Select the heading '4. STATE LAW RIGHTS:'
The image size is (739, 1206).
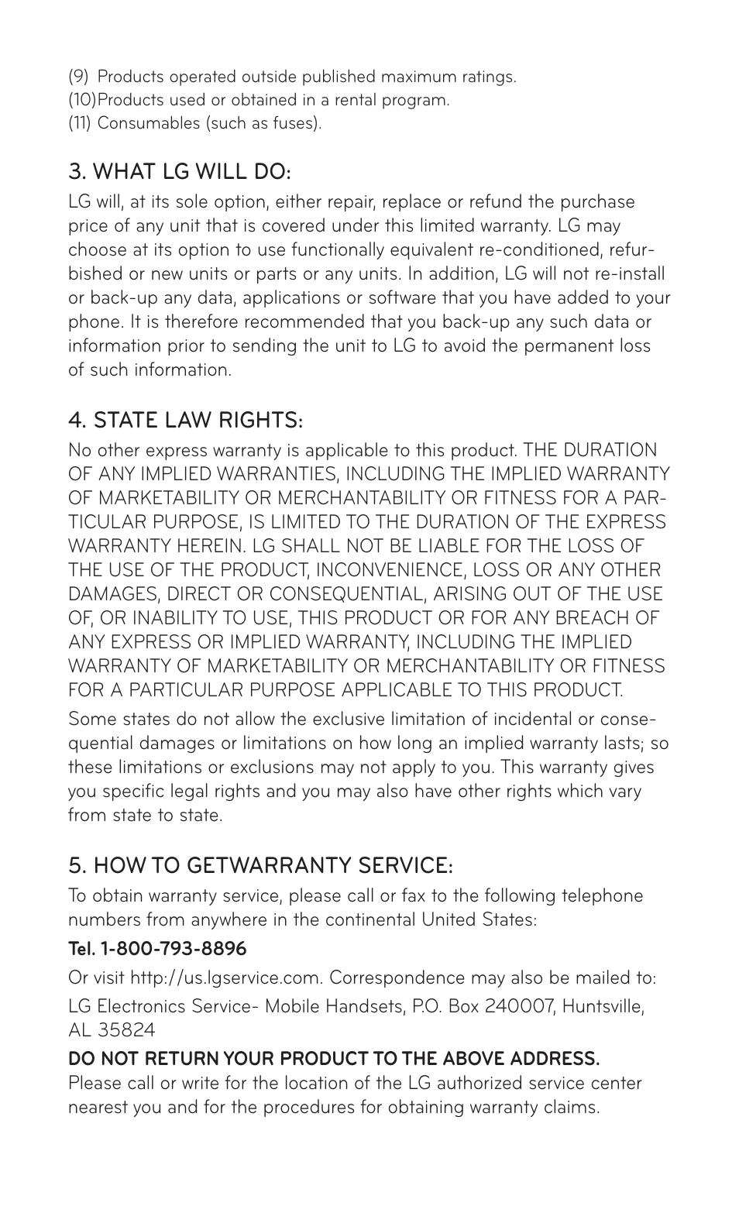click(x=185, y=421)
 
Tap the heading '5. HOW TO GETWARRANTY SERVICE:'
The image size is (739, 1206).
click(x=260, y=864)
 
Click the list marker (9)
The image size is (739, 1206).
click(x=78, y=77)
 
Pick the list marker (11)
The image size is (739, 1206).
click(x=79, y=123)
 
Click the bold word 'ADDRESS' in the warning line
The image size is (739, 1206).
click(x=543, y=1058)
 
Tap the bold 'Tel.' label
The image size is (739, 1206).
click(x=81, y=948)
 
